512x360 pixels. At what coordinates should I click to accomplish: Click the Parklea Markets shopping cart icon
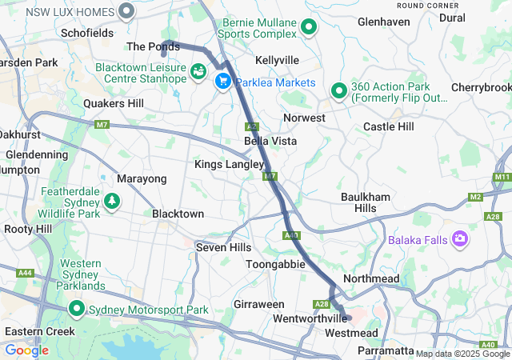click(x=222, y=82)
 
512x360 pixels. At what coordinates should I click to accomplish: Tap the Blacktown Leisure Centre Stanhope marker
click(x=197, y=73)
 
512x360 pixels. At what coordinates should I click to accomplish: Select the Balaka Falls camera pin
click(x=460, y=238)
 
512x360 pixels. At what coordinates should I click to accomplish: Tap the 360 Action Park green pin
click(x=338, y=91)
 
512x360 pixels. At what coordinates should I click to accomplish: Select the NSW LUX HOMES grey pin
click(x=126, y=11)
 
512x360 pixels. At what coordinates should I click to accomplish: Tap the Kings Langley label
click(x=229, y=164)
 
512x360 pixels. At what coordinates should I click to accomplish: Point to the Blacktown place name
click(x=178, y=214)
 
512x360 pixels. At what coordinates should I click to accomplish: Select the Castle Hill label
click(x=389, y=126)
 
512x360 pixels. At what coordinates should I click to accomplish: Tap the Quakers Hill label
click(x=114, y=103)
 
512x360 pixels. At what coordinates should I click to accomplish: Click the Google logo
click(x=26, y=350)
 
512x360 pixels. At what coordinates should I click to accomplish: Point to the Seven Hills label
click(x=223, y=248)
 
